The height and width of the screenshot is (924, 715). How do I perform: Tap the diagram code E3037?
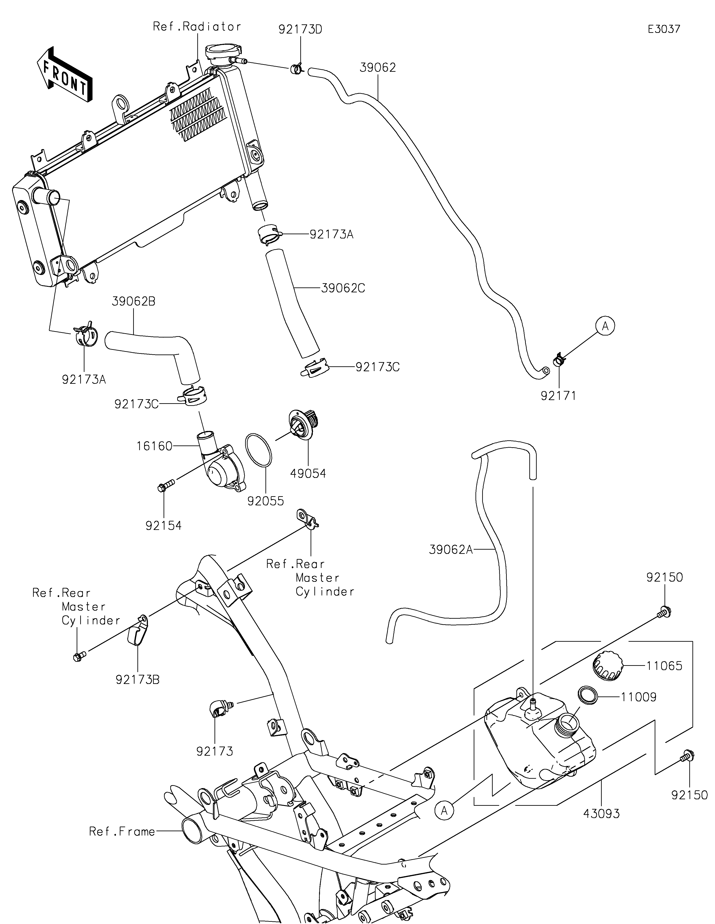(x=664, y=29)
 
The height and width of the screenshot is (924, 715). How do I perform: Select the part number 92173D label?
(x=300, y=30)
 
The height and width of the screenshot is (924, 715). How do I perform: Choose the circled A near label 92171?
(x=605, y=326)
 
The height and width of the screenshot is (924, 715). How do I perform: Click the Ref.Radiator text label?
(x=197, y=27)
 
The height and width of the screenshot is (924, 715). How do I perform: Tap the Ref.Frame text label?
(x=122, y=832)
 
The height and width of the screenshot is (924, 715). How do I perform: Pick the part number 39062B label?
(x=134, y=302)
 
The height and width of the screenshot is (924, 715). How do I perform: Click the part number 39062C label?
(x=343, y=288)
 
